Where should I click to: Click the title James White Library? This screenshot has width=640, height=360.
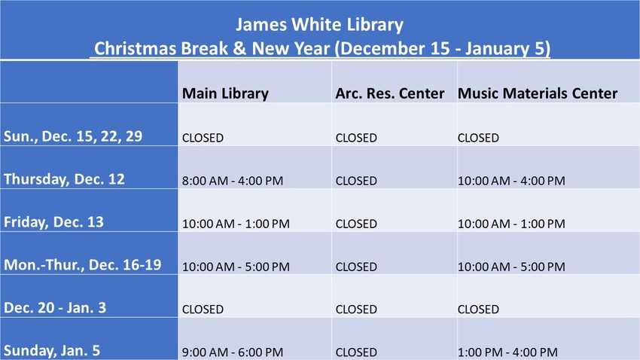click(x=319, y=25)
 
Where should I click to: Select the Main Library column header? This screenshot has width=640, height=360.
click(x=225, y=93)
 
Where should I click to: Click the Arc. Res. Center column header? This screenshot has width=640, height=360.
click(x=390, y=93)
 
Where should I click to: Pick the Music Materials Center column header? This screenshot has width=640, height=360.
click(x=538, y=93)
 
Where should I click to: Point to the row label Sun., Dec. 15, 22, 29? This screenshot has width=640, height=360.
click(x=73, y=136)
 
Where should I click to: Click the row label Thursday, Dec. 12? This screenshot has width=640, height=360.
click(x=64, y=179)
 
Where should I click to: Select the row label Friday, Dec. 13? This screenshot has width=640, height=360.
click(x=53, y=222)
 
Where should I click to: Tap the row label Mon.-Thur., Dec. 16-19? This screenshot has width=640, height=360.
click(x=83, y=265)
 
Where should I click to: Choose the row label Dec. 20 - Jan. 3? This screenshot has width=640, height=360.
click(x=55, y=308)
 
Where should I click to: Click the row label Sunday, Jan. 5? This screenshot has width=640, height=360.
click(x=52, y=351)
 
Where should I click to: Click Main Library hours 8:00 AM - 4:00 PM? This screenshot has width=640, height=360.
click(x=233, y=181)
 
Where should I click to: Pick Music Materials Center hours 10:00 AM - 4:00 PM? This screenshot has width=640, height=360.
click(x=511, y=181)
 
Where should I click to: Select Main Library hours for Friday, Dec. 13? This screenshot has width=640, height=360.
click(x=236, y=224)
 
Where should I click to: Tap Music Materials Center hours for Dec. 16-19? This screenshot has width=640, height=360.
click(x=511, y=267)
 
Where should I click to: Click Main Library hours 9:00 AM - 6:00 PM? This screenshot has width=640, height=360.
click(x=233, y=352)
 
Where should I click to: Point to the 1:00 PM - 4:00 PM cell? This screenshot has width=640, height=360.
click(x=507, y=352)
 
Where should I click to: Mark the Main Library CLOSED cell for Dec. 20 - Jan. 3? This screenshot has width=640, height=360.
click(x=203, y=310)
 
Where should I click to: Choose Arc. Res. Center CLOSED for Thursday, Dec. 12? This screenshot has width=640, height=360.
click(x=356, y=181)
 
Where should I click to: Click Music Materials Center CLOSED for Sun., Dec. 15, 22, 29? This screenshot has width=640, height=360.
click(x=478, y=138)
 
